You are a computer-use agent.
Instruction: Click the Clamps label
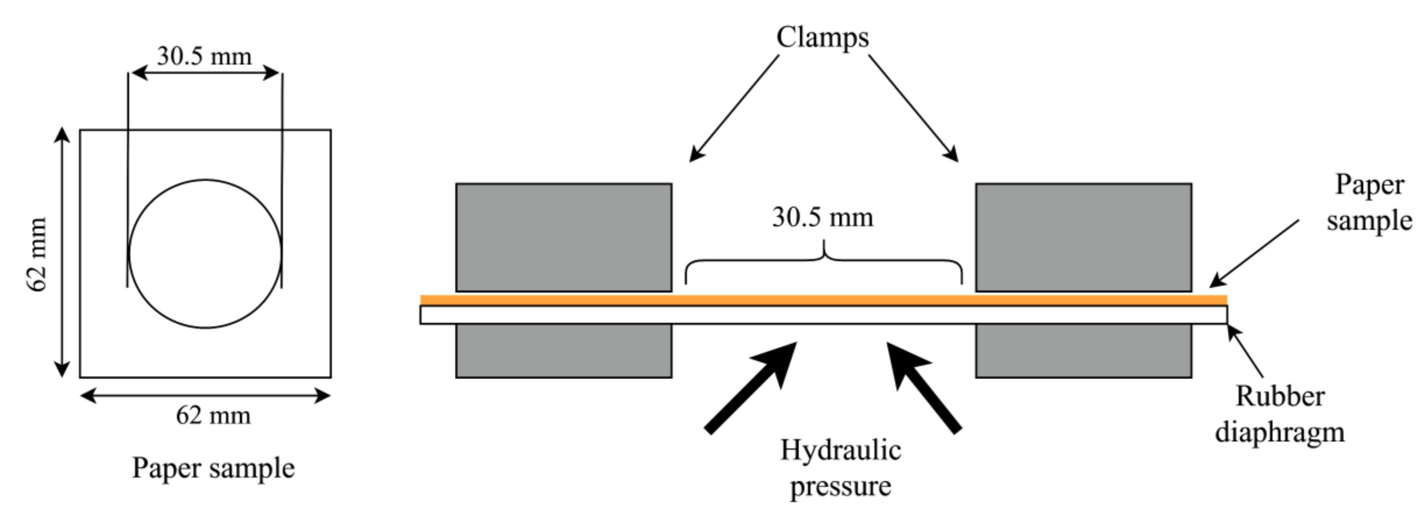point(822,38)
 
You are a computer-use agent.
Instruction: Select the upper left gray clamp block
point(563,237)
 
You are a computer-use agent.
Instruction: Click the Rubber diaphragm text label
point(1280,414)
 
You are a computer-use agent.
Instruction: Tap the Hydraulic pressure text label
point(840,468)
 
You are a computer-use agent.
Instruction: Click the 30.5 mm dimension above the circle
point(204,56)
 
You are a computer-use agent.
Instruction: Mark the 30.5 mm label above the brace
point(823,217)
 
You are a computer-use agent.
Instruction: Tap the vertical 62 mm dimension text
point(38,254)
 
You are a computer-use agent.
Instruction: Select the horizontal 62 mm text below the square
point(213,415)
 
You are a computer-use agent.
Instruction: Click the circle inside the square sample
point(205,253)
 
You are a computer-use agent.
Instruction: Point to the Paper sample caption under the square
point(213,468)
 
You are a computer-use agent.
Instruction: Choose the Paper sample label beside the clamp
point(1369,202)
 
